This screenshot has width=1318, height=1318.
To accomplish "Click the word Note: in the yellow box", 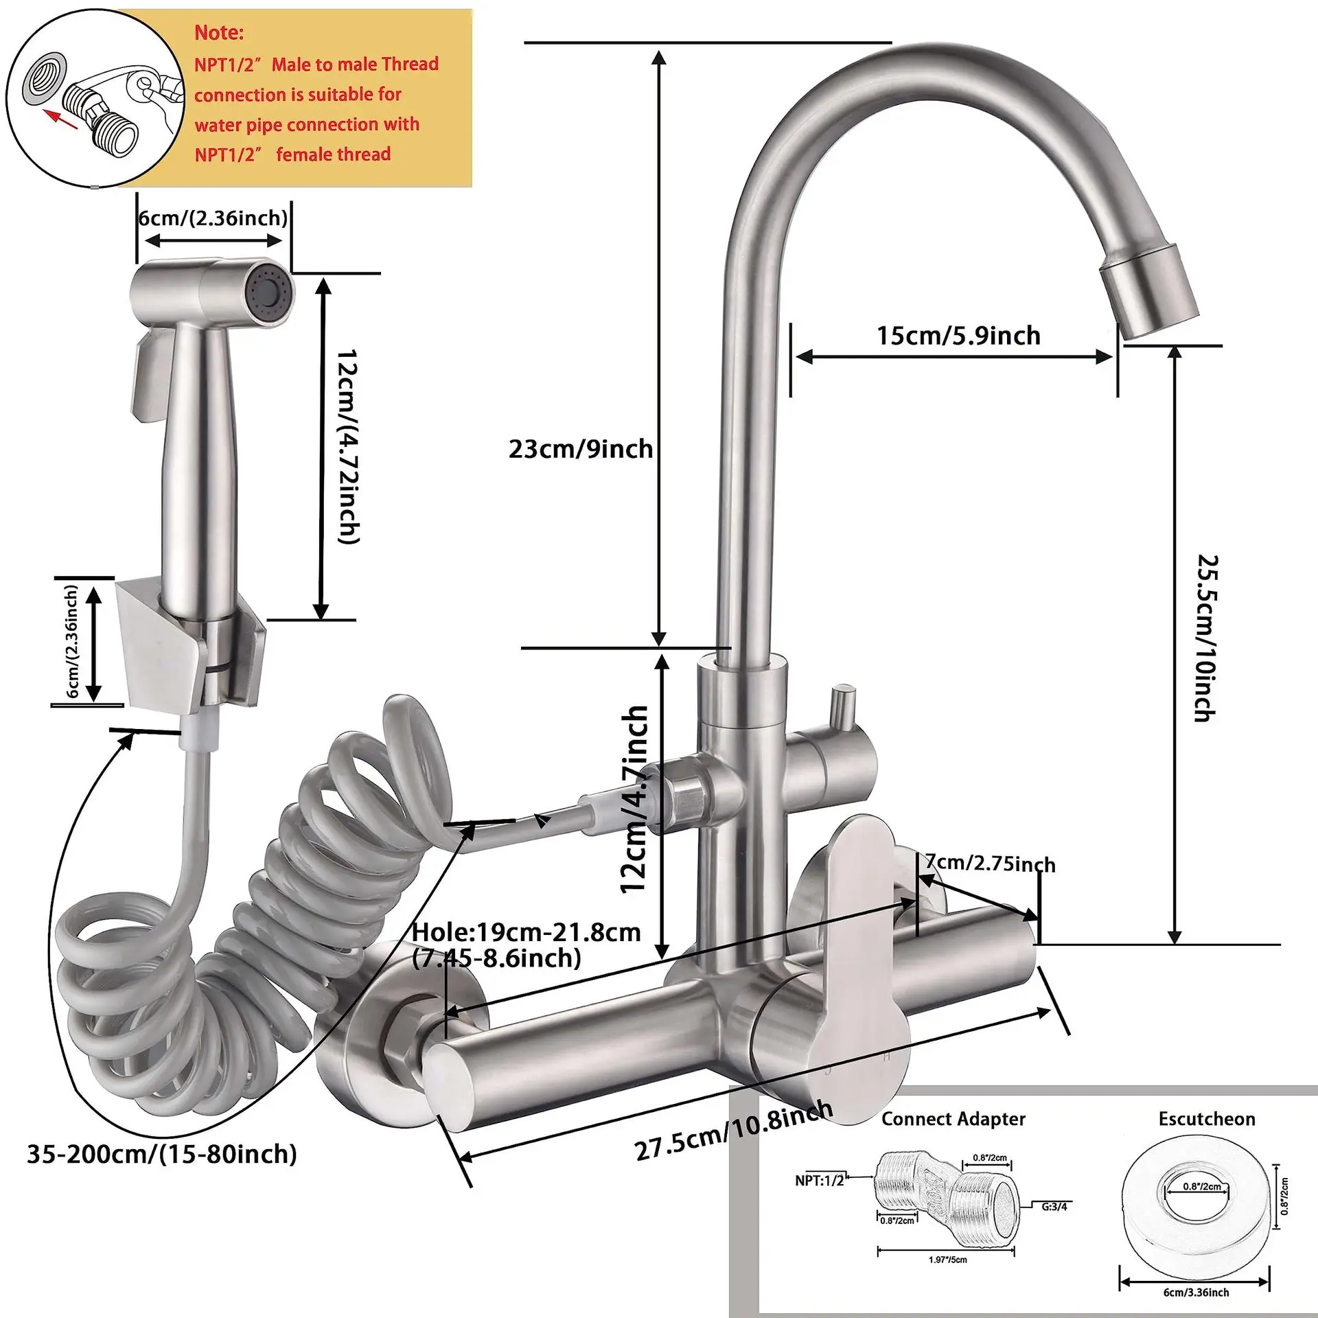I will [219, 32].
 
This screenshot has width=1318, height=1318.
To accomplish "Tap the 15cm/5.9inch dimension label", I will [958, 336].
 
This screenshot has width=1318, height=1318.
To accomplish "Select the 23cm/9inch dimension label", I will [581, 449].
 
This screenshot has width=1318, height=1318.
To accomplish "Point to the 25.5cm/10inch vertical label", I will [1206, 638].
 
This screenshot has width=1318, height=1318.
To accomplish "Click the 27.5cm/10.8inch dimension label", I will [733, 1131].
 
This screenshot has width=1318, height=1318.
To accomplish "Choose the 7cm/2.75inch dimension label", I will [990, 863].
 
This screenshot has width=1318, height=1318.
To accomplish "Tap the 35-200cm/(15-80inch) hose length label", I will [162, 1154].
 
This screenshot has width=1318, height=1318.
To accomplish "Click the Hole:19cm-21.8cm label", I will [526, 932].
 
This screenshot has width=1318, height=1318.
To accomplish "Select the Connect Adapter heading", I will [953, 1119].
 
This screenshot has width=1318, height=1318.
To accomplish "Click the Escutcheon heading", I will [1207, 1119].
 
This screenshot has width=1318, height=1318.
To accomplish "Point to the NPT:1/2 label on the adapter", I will [820, 1181].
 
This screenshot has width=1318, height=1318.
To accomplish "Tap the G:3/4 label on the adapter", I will [1054, 1206].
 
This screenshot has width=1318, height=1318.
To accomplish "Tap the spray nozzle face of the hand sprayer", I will [271, 295].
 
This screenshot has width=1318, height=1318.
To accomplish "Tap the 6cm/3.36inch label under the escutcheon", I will [1196, 1292].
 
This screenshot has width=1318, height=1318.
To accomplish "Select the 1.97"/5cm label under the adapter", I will [947, 1260].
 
